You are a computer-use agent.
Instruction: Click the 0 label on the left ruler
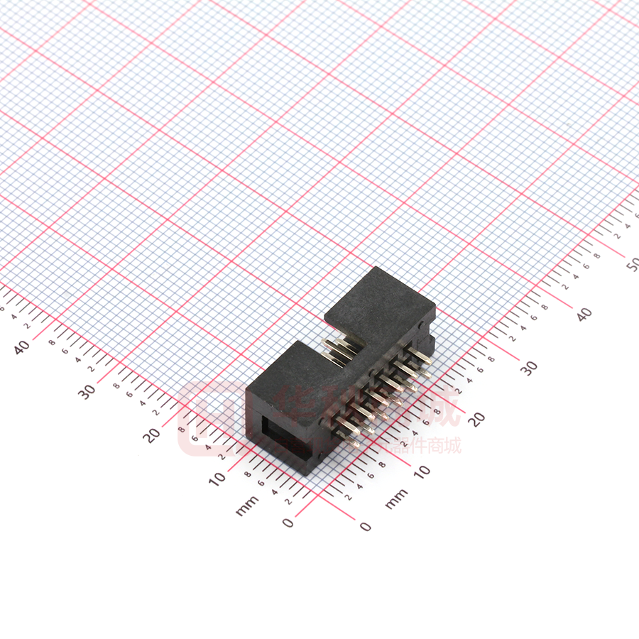coord(288,523)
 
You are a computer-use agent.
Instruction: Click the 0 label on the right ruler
coord(366,526)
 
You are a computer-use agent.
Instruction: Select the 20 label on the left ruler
coord(151,435)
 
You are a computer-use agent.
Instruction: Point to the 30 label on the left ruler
coord(87,390)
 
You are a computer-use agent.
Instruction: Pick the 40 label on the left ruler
coord(22,346)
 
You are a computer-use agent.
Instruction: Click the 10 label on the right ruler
coord(422,471)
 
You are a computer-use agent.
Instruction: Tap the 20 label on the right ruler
coord(477,419)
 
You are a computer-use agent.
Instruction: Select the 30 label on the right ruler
coord(529,368)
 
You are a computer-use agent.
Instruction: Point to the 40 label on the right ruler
coord(584,315)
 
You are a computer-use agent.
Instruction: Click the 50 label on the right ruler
coord(632,264)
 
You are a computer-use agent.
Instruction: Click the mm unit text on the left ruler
coord(246,506)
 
